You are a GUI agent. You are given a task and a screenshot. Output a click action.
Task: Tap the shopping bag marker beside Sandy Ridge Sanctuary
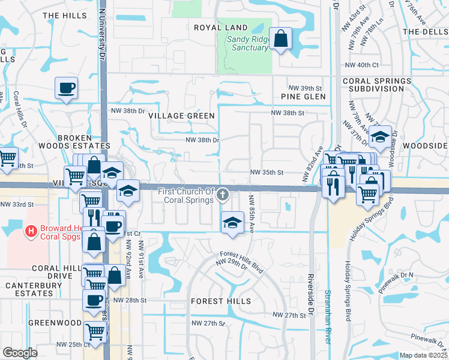[280, 39]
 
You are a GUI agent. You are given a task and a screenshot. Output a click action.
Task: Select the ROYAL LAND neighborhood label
[220, 28]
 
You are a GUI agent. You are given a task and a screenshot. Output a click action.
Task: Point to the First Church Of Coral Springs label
[186, 195]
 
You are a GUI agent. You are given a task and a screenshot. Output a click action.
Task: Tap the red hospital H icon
[31, 229]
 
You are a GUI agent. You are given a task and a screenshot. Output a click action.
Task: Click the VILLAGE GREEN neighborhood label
[181, 116]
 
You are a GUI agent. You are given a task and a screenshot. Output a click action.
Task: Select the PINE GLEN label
[303, 97]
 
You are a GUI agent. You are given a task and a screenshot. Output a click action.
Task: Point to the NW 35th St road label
[267, 173]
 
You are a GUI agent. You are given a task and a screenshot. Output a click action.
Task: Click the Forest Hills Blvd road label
[242, 262]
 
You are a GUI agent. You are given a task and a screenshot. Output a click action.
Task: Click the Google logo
[20, 352]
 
